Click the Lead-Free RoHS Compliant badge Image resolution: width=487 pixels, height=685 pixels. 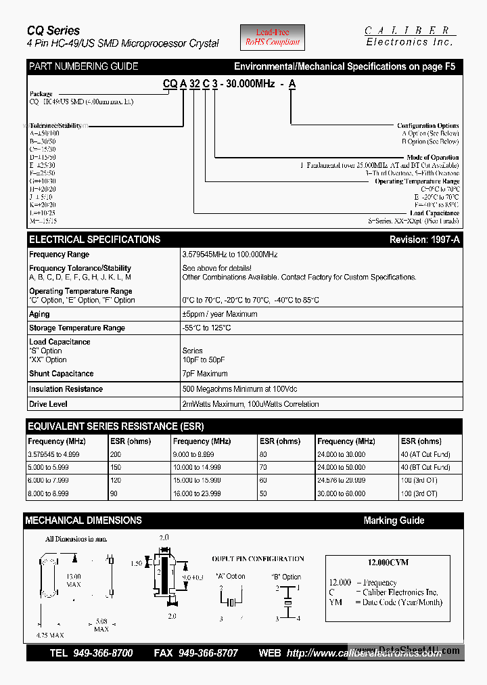coord(273,37)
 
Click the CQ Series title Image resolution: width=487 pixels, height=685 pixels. coord(53,30)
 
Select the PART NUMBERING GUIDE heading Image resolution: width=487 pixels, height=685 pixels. coord(83,66)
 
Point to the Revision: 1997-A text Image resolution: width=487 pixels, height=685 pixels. coord(424,240)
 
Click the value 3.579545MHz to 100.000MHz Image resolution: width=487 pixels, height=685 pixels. coord(229,255)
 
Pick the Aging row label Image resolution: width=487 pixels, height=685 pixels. coord(39,314)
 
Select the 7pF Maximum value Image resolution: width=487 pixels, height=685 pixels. coord(206,374)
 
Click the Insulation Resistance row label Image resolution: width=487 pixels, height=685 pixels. coord(66,389)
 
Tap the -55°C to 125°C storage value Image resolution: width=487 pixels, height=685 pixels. coord(206,328)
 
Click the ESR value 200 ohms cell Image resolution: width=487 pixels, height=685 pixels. coord(116,455)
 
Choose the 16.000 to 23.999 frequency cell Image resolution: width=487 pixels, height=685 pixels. coord(197,493)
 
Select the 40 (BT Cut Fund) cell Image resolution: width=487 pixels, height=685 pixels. coord(425,468)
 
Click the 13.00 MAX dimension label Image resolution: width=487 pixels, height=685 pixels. coord(74,580)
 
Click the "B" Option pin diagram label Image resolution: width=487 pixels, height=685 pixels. coord(286,577)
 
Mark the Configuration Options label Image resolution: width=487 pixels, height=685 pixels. coord(427,126)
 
